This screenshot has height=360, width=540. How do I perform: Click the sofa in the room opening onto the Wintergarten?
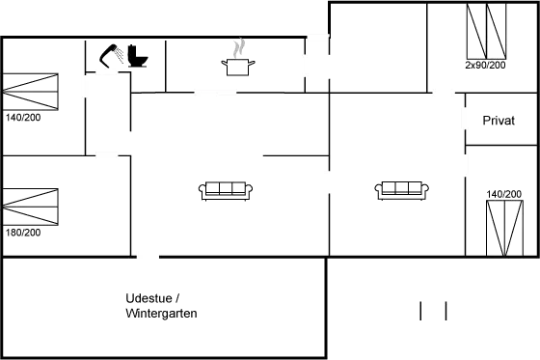(226, 189)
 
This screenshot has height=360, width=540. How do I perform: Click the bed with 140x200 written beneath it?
(31, 94)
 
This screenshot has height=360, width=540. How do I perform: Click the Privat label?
(499, 122)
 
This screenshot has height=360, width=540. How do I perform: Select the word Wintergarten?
(161, 314)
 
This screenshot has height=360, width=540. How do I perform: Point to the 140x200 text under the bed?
(22, 118)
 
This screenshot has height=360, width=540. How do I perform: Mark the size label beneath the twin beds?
(484, 66)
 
